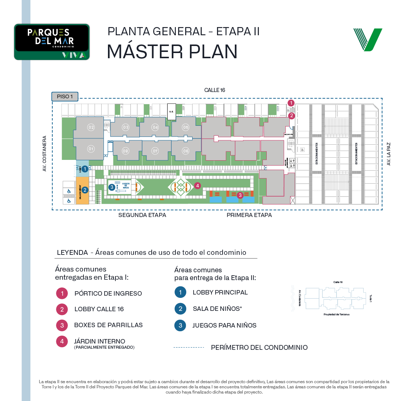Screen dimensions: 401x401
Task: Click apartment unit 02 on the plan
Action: click(x=91, y=128)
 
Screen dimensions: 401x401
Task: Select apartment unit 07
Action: click(x=155, y=151)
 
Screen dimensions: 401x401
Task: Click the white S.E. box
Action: click(x=171, y=112)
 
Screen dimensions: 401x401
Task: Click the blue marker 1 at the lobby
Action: click(x=85, y=169)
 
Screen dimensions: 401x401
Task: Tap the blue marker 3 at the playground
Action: click(x=112, y=187)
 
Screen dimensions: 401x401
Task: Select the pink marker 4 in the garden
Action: click(x=197, y=185)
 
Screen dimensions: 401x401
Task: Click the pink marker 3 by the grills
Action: click(x=240, y=194)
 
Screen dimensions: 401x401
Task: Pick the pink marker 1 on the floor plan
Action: click(x=291, y=103)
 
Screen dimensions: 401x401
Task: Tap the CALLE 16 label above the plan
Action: click(x=215, y=90)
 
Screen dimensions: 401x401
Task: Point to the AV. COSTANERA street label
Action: click(x=45, y=153)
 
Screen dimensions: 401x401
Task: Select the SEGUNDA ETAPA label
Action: click(x=142, y=215)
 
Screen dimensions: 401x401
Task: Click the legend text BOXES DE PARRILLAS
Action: click(x=108, y=325)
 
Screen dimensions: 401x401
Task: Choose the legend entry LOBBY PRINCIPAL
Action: click(x=220, y=292)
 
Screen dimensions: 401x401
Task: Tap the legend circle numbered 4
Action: click(x=62, y=341)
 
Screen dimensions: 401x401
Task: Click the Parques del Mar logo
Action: click(x=52, y=42)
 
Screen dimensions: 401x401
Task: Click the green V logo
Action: click(x=367, y=39)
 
